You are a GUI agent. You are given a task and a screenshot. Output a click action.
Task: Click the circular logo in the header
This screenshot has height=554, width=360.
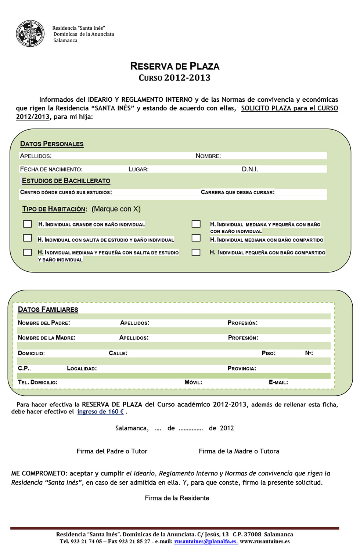(30, 33)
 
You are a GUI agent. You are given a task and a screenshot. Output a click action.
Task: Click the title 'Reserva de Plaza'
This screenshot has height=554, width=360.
(174, 66)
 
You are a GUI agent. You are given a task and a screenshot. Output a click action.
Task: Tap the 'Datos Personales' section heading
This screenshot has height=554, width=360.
(52, 144)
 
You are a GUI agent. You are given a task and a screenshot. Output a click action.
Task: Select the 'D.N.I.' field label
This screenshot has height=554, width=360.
(250, 169)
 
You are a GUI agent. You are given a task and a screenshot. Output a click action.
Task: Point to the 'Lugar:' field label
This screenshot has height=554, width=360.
(138, 169)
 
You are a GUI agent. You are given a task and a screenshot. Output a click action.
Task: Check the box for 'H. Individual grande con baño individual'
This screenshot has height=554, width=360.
(28, 224)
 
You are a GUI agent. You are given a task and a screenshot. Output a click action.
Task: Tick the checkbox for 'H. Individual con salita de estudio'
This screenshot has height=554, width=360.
(28, 238)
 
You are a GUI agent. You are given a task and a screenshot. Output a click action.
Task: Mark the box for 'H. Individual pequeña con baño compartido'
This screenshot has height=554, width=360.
(196, 252)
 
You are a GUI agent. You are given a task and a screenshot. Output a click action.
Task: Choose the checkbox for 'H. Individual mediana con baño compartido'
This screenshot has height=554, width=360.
(196, 238)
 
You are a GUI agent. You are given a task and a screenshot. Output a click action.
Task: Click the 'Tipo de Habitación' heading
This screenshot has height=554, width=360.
(54, 209)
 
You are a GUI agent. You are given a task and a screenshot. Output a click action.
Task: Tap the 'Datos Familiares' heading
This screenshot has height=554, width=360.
(48, 309)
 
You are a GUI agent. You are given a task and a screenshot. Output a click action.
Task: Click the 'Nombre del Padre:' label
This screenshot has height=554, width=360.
(44, 323)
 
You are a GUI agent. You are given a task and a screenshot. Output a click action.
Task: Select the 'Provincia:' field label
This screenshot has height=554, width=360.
(242, 368)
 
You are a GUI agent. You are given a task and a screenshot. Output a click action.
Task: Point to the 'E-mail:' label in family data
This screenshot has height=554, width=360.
(278, 382)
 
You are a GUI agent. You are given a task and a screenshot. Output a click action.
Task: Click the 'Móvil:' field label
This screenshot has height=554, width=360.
(193, 382)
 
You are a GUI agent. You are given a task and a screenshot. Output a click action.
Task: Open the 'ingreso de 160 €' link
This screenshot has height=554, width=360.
(100, 412)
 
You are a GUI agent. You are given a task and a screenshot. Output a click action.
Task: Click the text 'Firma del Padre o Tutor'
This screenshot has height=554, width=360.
(112, 451)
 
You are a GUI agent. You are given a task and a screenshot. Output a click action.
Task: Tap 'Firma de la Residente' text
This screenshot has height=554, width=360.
(177, 498)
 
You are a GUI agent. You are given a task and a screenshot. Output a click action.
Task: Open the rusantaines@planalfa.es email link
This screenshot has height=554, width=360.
(206, 542)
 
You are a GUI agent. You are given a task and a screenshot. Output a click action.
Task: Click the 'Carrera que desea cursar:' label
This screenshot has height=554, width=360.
(238, 192)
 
